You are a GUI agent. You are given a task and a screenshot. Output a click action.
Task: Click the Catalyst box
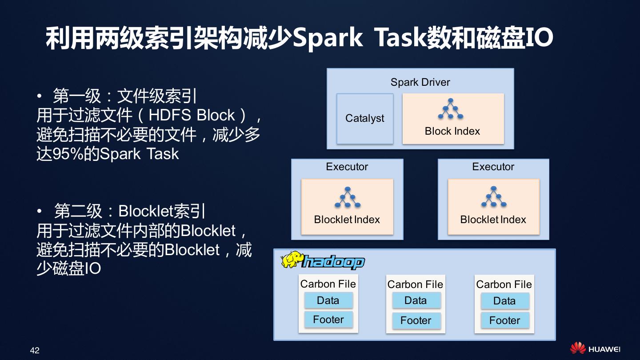[x=364, y=119]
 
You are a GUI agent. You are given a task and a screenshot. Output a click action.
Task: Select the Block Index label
[x=452, y=131]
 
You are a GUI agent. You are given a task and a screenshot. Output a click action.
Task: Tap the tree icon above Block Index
[x=451, y=109]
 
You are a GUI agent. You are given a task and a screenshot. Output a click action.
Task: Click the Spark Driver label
[x=420, y=82]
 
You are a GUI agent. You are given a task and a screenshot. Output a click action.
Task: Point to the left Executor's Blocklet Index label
[x=347, y=220]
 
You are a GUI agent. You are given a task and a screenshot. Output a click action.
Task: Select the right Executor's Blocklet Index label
[x=493, y=220]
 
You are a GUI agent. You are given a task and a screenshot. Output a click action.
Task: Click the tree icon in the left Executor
[x=347, y=197]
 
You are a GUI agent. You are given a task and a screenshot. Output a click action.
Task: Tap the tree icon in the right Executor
[x=493, y=197]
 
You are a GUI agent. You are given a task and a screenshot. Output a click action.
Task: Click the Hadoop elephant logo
[x=292, y=260]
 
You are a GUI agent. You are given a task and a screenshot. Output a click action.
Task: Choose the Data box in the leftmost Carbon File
[x=328, y=300]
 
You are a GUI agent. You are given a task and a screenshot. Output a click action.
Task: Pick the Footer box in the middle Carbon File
[x=416, y=320]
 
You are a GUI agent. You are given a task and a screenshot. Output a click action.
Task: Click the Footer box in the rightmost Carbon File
[x=504, y=320]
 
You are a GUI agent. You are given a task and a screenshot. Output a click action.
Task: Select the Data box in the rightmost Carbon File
[x=504, y=301]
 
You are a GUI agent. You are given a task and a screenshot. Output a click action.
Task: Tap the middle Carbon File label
[x=415, y=284]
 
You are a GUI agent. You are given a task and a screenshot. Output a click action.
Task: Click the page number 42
[x=35, y=350]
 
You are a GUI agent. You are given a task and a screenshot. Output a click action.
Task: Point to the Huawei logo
[x=595, y=349]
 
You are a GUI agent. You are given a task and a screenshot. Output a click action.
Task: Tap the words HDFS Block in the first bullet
[x=192, y=115]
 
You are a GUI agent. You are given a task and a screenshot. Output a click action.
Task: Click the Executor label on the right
[x=493, y=167]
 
